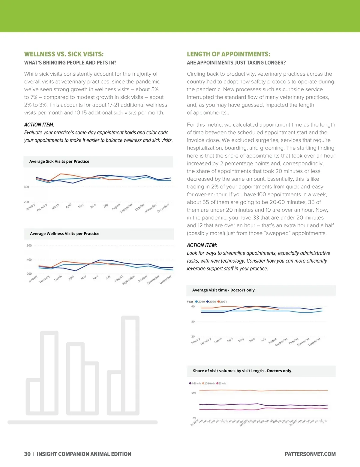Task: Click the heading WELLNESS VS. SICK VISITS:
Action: (64, 54)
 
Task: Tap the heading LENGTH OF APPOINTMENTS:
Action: (228, 54)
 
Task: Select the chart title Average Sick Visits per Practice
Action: (59, 161)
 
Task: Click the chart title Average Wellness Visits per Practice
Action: (64, 233)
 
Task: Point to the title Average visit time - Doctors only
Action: (223, 290)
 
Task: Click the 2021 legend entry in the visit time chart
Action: (222, 302)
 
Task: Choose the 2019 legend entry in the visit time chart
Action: (200, 302)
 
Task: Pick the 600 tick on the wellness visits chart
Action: (29, 246)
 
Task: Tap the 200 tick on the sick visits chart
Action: (26, 202)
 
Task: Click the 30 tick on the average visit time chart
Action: (193, 321)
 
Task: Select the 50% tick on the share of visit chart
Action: (194, 393)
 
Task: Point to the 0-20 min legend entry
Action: (195, 384)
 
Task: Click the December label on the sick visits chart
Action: (163, 208)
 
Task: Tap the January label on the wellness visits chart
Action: (33, 279)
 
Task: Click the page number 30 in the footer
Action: (27, 454)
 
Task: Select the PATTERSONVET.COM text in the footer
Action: (310, 454)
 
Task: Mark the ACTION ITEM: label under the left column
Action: (39, 125)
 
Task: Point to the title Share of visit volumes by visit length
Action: (242, 371)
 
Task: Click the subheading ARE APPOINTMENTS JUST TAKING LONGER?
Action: (236, 63)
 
